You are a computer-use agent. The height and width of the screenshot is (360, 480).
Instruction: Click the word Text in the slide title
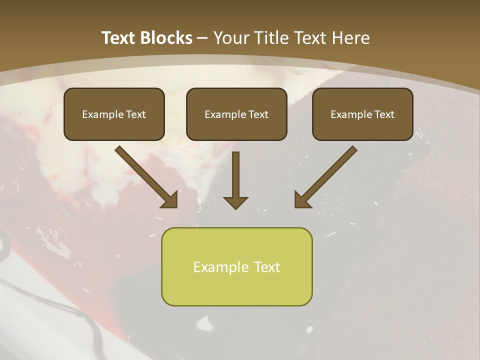coord(118,38)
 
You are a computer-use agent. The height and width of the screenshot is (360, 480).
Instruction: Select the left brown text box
coord(114,114)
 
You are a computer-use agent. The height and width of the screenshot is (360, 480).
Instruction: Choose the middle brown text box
coord(236,114)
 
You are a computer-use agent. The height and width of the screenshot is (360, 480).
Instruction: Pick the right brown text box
coord(362,114)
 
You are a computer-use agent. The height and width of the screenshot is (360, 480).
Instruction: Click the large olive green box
coord(236,266)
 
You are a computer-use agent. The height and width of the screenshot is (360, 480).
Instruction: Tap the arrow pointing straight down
coord(235,180)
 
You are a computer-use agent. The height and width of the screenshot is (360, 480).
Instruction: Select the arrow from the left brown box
coord(145,176)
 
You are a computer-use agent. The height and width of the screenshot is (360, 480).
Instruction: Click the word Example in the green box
coord(218,267)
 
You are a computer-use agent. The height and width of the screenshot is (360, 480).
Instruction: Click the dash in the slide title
coord(202,38)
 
